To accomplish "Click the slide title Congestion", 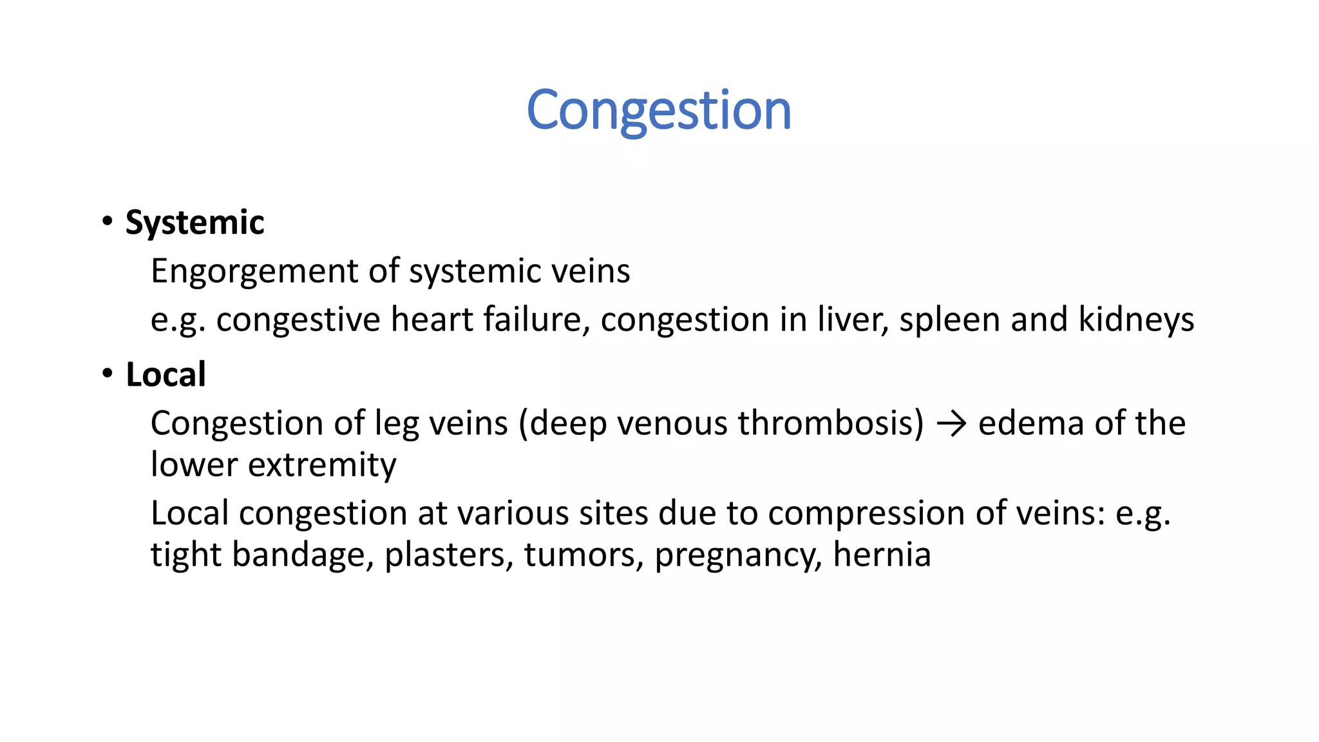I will point(658,110).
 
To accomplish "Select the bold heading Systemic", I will point(195,223).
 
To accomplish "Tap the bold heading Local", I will point(166,375).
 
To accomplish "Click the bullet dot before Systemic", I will point(107,221).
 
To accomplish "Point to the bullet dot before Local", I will point(107,373).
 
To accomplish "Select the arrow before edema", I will point(951,424).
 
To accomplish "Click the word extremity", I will point(322,465).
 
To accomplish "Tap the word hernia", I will point(882,555).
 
